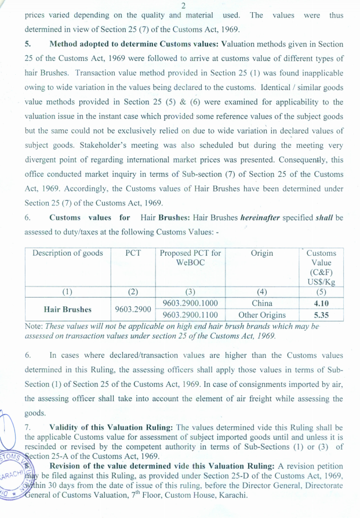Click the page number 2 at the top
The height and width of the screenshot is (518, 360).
coord(183,5)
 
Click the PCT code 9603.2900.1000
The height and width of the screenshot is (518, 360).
coord(190,303)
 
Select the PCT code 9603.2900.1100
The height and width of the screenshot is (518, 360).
coord(190,316)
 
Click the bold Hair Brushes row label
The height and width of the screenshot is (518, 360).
coord(68,310)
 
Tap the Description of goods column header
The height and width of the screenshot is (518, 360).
coord(68,253)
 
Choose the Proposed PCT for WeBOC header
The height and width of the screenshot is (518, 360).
coord(190,258)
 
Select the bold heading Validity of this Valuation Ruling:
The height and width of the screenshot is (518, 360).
coord(111,428)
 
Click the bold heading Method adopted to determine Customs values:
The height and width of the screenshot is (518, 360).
coord(135,44)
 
